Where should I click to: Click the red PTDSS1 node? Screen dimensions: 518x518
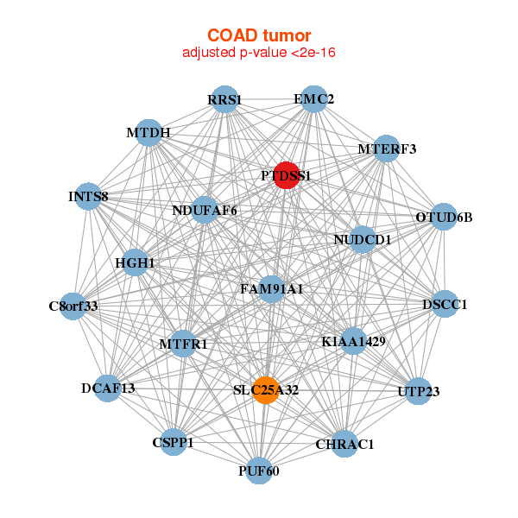click(x=287, y=175)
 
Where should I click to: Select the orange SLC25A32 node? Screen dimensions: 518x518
click(x=266, y=390)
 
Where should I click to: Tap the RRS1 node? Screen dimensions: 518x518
click(x=224, y=99)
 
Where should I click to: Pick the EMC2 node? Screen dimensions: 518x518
click(x=314, y=99)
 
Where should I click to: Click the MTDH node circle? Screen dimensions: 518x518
click(x=148, y=133)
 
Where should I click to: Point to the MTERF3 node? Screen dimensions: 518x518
click(x=386, y=148)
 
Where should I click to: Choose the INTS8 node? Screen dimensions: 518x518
click(x=88, y=196)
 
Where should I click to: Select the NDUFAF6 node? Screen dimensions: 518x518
click(x=205, y=210)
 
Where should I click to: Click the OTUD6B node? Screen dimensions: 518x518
click(x=444, y=217)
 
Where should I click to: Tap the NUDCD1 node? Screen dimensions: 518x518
click(x=363, y=239)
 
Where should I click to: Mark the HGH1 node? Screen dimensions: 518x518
click(x=135, y=262)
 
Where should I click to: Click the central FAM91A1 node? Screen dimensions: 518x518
click(x=272, y=289)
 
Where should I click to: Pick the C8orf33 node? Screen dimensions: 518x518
click(x=73, y=306)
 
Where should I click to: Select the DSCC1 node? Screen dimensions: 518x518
click(x=445, y=304)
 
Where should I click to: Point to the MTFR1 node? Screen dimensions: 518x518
click(x=183, y=344)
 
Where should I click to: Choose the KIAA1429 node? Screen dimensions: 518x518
click(x=353, y=341)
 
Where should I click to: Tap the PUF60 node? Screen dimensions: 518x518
click(x=259, y=471)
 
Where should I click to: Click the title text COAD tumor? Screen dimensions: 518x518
click(x=259, y=35)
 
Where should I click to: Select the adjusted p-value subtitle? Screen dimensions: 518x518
click(x=259, y=53)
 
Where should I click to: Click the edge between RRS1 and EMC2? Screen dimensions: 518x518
click(x=269, y=99)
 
